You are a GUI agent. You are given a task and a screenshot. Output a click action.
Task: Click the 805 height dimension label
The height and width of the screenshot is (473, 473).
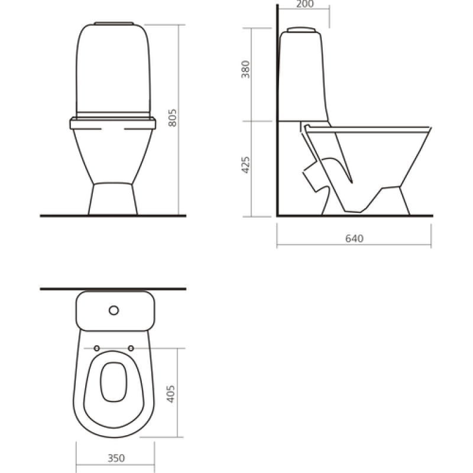pyautogui.click(x=172, y=118)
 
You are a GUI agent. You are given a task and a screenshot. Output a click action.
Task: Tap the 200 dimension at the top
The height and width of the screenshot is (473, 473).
pyautogui.click(x=305, y=4)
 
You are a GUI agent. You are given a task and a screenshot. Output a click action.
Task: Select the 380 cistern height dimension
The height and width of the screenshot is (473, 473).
pyautogui.click(x=245, y=69)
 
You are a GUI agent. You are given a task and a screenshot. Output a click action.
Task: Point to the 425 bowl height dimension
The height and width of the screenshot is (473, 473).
pyautogui.click(x=245, y=165)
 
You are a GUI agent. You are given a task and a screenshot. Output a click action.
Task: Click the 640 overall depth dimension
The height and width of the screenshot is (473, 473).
pyautogui.click(x=354, y=239)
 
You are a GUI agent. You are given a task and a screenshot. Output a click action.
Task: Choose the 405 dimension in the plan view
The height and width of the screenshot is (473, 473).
pyautogui.click(x=170, y=394)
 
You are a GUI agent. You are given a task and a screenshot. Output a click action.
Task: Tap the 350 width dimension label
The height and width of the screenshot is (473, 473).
pyautogui.click(x=116, y=458)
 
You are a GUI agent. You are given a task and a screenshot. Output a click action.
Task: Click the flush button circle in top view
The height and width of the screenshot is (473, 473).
pyautogui.click(x=114, y=310)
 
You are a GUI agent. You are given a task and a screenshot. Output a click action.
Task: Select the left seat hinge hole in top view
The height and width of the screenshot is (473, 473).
pyautogui.click(x=96, y=348)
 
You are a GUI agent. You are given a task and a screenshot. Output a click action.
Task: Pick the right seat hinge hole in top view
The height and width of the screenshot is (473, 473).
pyautogui.click(x=131, y=348)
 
